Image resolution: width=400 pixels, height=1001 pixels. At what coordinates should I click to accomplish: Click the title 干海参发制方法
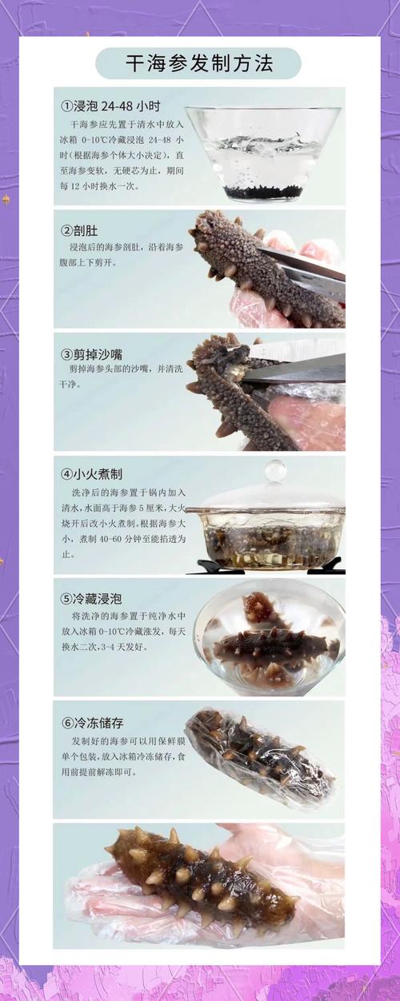click(x=198, y=63)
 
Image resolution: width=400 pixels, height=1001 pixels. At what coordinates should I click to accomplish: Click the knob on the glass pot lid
click(x=275, y=470)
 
